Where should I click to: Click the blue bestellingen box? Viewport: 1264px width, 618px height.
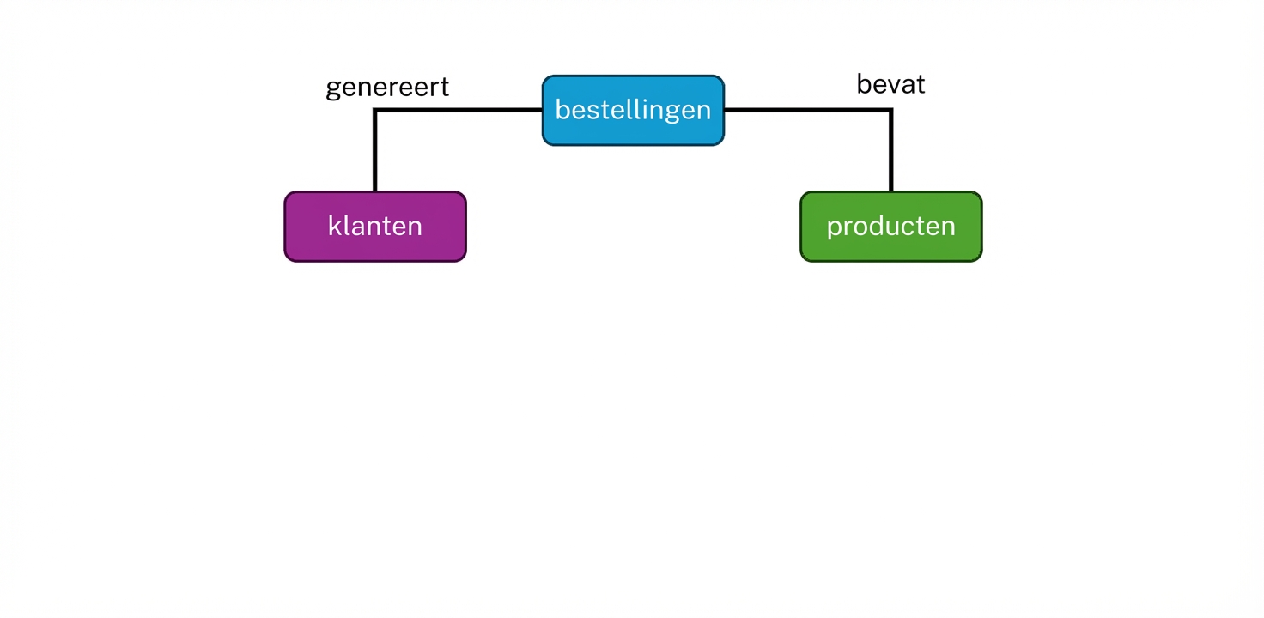pyautogui.click(x=633, y=110)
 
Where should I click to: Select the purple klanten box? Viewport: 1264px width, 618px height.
pyautogui.click(x=375, y=227)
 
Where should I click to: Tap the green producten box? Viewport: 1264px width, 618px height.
pyautogui.click(x=890, y=227)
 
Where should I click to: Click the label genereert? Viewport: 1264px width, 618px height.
pyautogui.click(x=387, y=88)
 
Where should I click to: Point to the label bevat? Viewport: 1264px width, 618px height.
pyautogui.click(x=890, y=84)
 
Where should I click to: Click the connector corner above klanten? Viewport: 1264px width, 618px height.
pyautogui.click(x=375, y=111)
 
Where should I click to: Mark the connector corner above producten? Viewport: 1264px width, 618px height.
pyautogui.click(x=890, y=111)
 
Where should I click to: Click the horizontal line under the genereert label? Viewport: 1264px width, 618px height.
pyautogui.click(x=455, y=110)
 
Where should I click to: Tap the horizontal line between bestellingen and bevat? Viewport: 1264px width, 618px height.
pyautogui.click(x=807, y=110)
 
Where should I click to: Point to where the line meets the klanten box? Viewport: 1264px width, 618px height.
pyautogui.click(x=375, y=191)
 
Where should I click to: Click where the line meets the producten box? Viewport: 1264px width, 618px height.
pyautogui.click(x=890, y=191)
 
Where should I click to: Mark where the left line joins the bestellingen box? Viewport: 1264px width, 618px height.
pyautogui.click(x=542, y=110)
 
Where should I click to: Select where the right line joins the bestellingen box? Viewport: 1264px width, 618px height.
pyautogui.click(x=725, y=110)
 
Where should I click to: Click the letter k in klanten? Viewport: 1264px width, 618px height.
pyautogui.click(x=333, y=226)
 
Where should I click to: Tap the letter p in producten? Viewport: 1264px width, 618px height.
pyautogui.click(x=833, y=228)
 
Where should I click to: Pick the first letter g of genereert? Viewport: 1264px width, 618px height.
pyautogui.click(x=334, y=90)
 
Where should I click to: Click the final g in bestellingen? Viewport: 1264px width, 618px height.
pyautogui.click(x=702, y=112)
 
